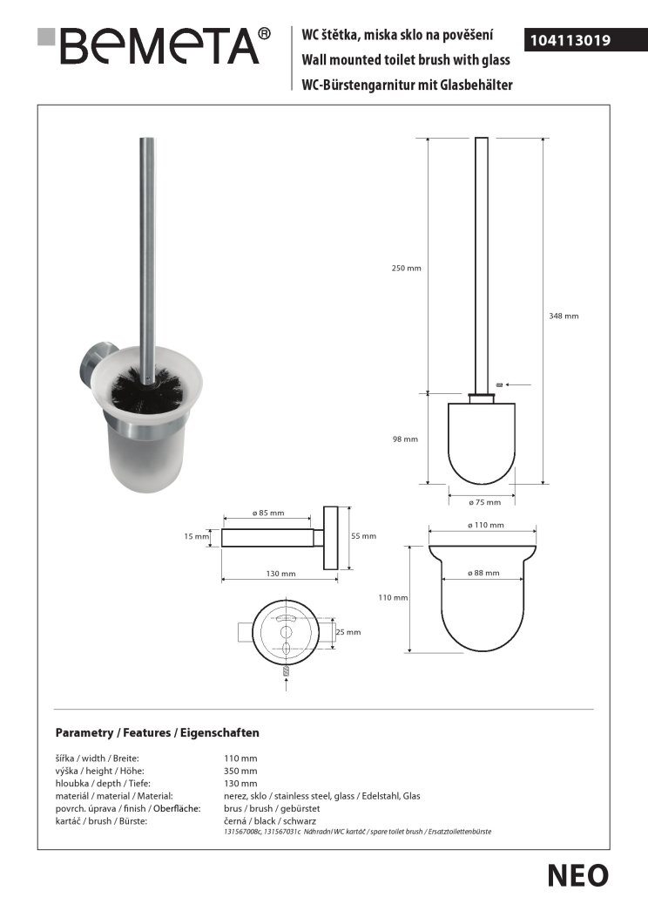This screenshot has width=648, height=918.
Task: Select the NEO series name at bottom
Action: pos(577,875)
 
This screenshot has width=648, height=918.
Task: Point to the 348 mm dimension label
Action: pos(564,316)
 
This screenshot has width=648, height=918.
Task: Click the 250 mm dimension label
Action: pos(406,268)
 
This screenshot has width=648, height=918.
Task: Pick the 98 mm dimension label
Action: pos(406,439)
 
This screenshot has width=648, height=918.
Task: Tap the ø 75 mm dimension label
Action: pos(485,502)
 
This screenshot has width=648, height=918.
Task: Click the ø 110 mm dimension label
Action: pos(485,526)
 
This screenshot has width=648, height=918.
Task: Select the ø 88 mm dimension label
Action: pos(484,573)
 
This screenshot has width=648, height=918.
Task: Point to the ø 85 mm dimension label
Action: pos(267,513)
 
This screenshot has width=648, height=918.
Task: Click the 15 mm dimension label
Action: pos(196,536)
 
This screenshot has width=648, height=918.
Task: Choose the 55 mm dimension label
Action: pos(363,536)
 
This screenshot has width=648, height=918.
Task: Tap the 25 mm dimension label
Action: pos(348,632)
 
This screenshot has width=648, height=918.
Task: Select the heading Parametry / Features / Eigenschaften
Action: pos(157,733)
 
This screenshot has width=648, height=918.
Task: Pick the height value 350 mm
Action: pos(241,772)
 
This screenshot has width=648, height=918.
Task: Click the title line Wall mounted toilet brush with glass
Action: pos(405,60)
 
